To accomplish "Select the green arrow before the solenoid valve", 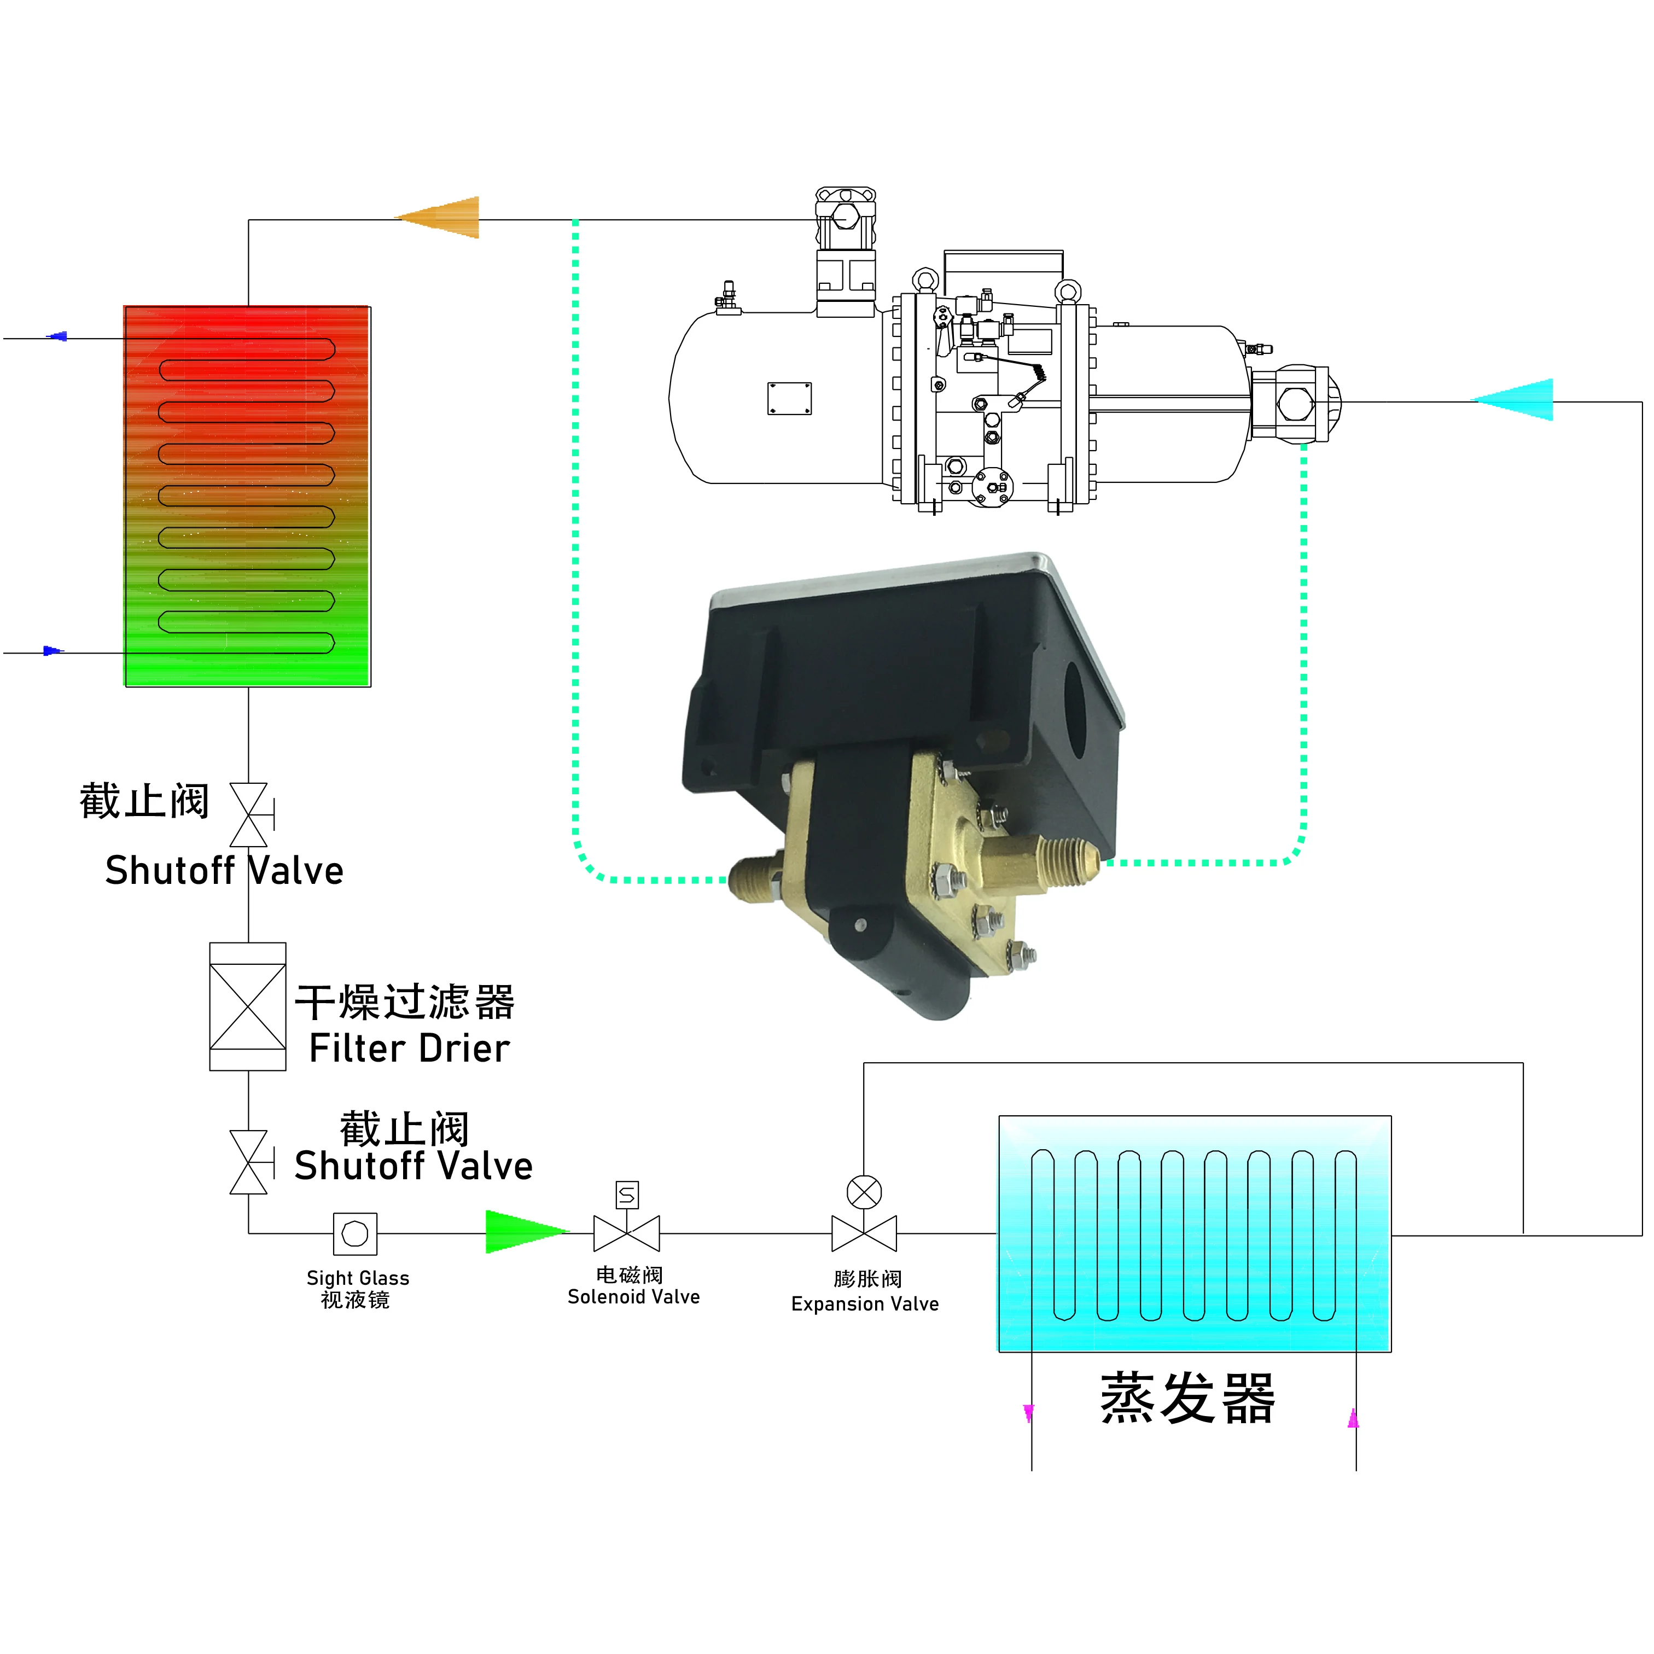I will pyautogui.click(x=522, y=1233).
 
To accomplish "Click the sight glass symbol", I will pyautogui.click(x=356, y=1233).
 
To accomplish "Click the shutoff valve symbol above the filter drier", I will pyautogui.click(x=249, y=815).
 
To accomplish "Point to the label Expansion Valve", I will pyautogui.click(x=865, y=1304).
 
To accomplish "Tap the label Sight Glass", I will pyautogui.click(x=358, y=1278).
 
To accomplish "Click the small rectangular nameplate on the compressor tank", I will pyautogui.click(x=789, y=399).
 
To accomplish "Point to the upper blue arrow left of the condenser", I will pyautogui.click(x=57, y=337).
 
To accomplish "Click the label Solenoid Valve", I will pyautogui.click(x=633, y=1297).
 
